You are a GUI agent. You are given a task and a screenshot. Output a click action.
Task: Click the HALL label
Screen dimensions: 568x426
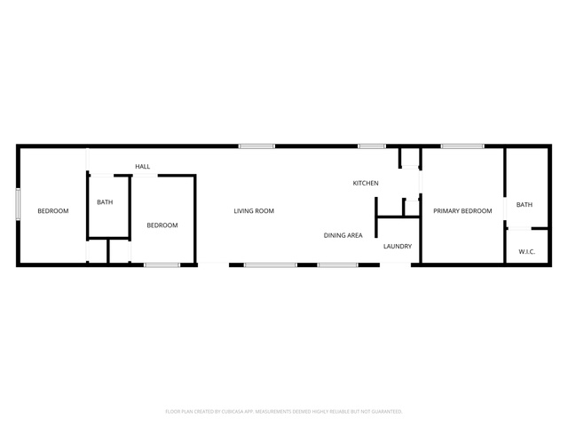(x=142, y=167)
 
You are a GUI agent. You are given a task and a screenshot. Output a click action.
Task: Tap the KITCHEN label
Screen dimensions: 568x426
(x=366, y=184)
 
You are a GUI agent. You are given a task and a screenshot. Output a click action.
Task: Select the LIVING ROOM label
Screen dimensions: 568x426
(x=254, y=211)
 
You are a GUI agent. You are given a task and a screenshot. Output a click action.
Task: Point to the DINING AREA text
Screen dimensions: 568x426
(x=343, y=235)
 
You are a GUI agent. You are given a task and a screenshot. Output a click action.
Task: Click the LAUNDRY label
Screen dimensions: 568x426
(x=398, y=247)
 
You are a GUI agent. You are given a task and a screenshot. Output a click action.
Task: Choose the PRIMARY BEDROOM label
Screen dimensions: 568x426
(x=462, y=211)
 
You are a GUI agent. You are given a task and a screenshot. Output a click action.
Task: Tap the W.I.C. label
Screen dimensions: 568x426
(x=526, y=252)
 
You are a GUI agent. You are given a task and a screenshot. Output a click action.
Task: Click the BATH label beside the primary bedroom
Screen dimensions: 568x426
(x=525, y=205)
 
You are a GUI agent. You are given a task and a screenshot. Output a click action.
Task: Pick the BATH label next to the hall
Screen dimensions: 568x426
(x=105, y=202)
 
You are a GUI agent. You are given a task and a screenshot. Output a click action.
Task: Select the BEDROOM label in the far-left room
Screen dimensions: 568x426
(x=53, y=211)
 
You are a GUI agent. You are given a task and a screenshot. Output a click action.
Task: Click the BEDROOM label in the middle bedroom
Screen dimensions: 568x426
(x=162, y=225)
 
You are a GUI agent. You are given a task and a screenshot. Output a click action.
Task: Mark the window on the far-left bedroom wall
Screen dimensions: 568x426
(x=18, y=204)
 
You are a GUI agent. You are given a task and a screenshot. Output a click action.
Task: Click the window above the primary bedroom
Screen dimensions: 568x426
(x=462, y=146)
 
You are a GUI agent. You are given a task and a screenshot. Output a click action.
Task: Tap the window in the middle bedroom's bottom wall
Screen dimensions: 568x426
(x=162, y=265)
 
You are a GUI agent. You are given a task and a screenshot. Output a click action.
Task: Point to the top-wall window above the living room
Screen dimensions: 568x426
(x=256, y=146)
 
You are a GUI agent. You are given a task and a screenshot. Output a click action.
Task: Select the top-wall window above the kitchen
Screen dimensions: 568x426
(x=372, y=146)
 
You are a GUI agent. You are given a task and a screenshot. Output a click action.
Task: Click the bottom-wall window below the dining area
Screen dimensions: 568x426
(x=337, y=265)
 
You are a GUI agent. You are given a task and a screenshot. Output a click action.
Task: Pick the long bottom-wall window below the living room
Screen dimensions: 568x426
(x=270, y=265)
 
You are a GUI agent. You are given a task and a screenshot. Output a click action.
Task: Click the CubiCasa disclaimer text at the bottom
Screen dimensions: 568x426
(x=284, y=412)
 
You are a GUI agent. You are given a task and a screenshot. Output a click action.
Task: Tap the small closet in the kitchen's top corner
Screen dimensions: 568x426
(x=410, y=158)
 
